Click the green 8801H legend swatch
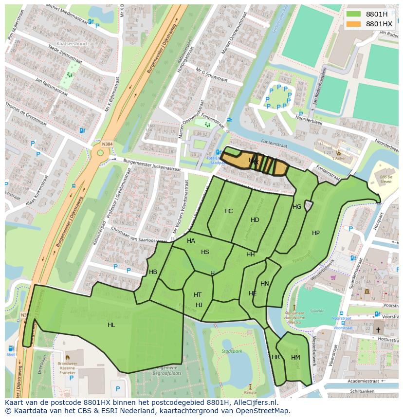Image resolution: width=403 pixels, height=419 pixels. point(354,15)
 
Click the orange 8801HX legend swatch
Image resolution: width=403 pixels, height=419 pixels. point(354,24)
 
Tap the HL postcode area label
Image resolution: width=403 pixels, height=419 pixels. point(111,325)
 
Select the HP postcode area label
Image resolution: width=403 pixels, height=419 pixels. point(316,233)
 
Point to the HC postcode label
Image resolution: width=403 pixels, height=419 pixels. point(228,211)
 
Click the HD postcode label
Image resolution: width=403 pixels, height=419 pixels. point(255,220)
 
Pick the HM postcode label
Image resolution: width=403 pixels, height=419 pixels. point(295,358)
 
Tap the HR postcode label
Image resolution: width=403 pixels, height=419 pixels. point(276,357)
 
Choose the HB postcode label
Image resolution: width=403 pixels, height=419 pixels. point(153,272)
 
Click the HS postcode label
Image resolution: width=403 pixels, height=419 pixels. point(205,252)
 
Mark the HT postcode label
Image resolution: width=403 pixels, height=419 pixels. point(198,295)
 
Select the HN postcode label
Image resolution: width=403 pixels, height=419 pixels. point(265,284)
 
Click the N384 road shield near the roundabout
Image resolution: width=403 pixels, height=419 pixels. point(107,145)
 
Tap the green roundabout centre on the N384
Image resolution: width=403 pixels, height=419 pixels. point(101,153)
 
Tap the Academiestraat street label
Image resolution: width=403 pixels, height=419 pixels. point(356,382)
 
